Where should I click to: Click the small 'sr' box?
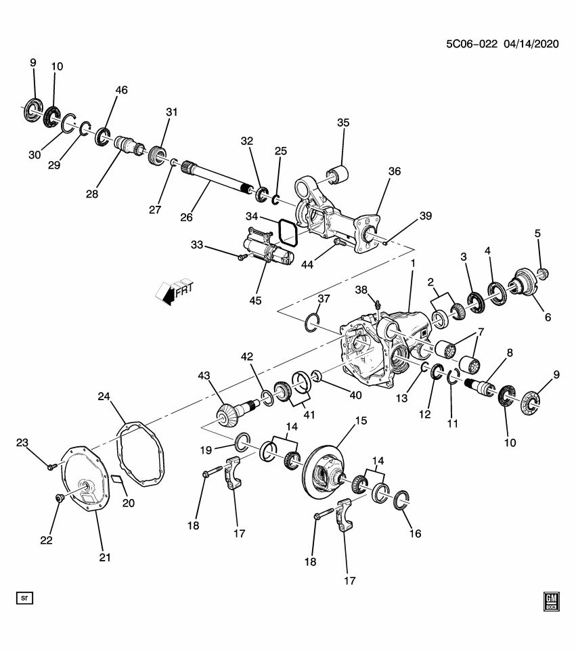pyautogui.click(x=25, y=598)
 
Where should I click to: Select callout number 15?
pyautogui.click(x=361, y=421)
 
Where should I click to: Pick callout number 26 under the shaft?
pyautogui.click(x=187, y=217)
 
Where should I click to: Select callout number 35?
pyautogui.click(x=343, y=123)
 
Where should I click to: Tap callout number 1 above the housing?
pyautogui.click(x=412, y=261)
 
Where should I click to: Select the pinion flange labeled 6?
pyautogui.click(x=523, y=284)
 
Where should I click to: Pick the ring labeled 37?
pyautogui.click(x=311, y=322)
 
